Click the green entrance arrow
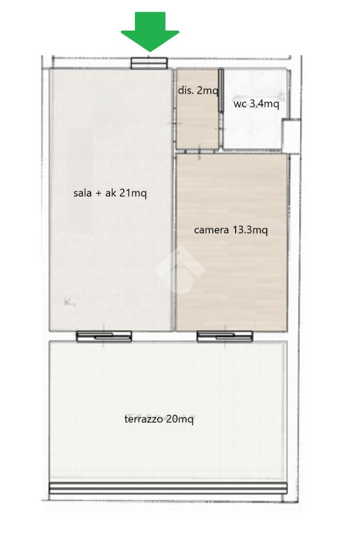150,32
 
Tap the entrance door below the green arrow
149,63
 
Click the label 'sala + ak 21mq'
110,193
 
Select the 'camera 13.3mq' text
231,230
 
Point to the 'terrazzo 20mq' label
159,419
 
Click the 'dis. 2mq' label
198,91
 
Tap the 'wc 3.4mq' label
256,103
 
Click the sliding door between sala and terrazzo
104,337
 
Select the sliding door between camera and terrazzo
225,337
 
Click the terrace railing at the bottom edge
168,488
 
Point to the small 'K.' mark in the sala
70,302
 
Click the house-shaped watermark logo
180,270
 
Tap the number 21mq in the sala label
133,193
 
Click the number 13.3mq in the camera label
250,230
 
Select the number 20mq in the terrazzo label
180,419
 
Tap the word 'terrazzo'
143,419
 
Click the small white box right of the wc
291,136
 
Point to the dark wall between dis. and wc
221,90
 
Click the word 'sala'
83,193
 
